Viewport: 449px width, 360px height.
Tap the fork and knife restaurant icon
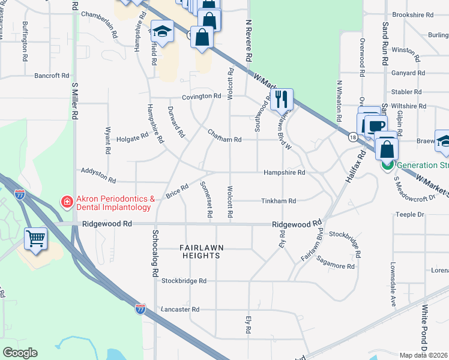coord(282,98)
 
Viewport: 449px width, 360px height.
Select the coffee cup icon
coord(376,126)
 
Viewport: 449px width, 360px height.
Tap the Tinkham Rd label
coord(280,201)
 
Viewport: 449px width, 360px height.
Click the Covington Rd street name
coord(202,96)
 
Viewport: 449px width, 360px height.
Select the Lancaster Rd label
coord(180,310)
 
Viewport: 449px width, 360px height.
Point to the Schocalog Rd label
coord(155,253)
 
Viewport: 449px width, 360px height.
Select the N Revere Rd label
coord(247,41)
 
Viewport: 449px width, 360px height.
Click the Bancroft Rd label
coord(52,76)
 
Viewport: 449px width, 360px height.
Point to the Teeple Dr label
coord(410,214)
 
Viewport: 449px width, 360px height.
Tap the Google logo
coord(20,353)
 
